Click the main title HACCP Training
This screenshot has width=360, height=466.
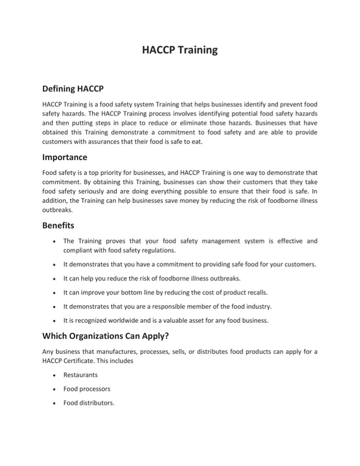180,50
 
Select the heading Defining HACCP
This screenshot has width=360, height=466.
73,89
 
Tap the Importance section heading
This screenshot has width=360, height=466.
65,157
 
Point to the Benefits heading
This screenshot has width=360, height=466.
58,226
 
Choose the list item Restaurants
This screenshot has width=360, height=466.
80,375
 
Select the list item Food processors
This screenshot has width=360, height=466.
86,389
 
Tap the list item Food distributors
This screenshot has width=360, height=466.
88,402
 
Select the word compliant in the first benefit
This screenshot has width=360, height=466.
79,250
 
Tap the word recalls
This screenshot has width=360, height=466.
269,293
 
